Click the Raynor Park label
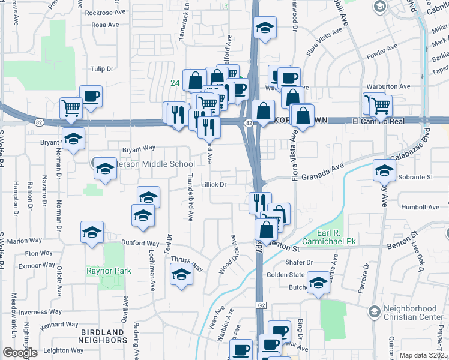(108, 271)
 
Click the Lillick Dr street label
(213, 185)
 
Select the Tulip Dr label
(101, 69)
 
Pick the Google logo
(20, 353)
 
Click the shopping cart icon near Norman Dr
(71, 108)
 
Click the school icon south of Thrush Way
(181, 275)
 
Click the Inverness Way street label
(40, 312)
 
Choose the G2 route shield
(260, 305)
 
